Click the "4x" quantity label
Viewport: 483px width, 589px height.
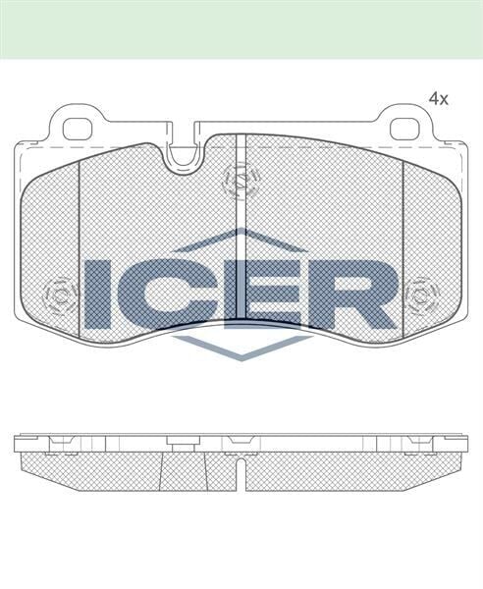coord(438,99)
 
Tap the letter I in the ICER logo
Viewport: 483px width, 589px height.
coord(99,294)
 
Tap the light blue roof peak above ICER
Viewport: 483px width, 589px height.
coord(241,238)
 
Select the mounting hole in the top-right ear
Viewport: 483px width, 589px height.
coord(404,128)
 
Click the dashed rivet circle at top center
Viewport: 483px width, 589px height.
coord(241,180)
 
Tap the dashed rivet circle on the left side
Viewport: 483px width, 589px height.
coord(61,294)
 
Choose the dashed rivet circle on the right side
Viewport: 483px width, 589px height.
coord(421,294)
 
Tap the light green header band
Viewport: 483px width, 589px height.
coord(241,27)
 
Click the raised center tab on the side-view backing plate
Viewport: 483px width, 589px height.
coord(183,439)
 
